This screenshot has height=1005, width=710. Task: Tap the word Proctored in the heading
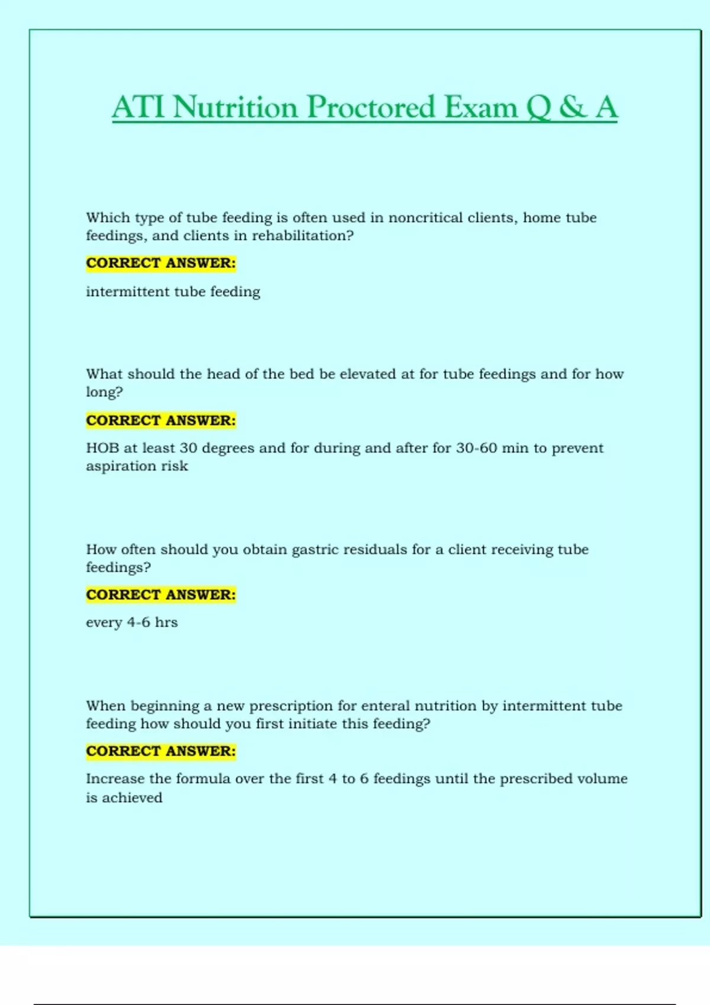click(x=371, y=108)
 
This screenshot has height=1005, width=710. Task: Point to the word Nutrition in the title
click(x=235, y=108)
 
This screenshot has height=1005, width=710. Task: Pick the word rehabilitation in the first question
click(x=302, y=235)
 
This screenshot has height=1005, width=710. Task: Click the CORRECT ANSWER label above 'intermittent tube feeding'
click(x=161, y=263)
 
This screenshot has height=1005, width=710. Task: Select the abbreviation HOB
click(x=102, y=448)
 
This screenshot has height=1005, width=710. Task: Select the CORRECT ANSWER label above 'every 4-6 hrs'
click(x=161, y=595)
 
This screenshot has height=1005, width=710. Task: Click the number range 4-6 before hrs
click(x=138, y=623)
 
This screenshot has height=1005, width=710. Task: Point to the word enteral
click(x=385, y=706)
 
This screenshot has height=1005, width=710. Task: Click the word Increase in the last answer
click(x=115, y=779)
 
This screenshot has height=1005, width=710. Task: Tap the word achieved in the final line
click(x=132, y=798)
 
